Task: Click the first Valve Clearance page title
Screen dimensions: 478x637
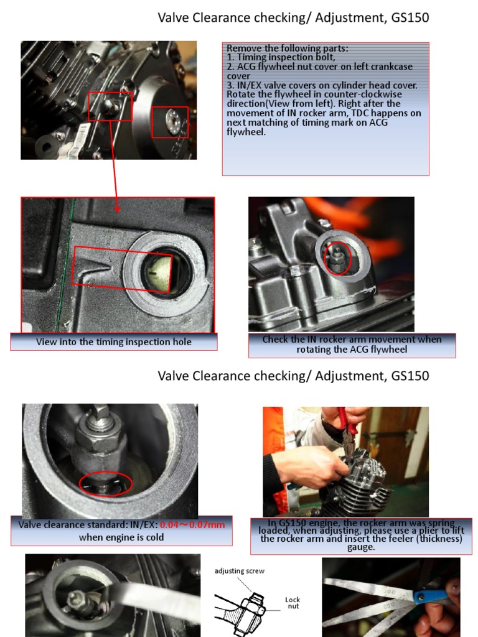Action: (x=293, y=18)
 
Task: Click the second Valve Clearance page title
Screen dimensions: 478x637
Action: (x=293, y=376)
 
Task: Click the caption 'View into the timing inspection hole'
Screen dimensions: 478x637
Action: (x=114, y=342)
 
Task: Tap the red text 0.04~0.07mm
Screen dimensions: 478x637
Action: (x=192, y=524)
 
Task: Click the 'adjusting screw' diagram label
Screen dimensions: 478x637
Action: (x=240, y=571)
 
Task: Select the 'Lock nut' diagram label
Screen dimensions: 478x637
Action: (x=293, y=603)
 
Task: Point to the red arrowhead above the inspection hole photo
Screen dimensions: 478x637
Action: (x=118, y=209)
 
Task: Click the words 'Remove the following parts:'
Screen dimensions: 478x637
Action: (x=288, y=48)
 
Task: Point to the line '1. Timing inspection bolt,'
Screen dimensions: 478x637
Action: (x=281, y=57)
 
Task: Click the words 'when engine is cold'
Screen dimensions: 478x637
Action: (x=121, y=537)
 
